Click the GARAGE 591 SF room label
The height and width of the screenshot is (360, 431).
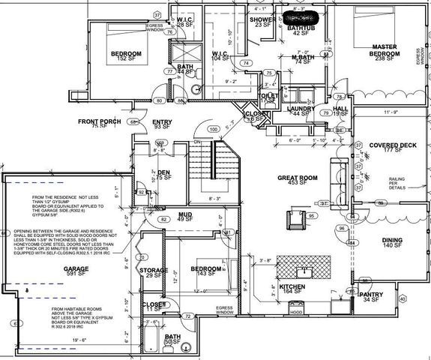click(x=76, y=271)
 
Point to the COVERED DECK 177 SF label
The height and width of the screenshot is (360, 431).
click(x=387, y=147)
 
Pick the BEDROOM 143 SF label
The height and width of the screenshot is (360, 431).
click(x=204, y=271)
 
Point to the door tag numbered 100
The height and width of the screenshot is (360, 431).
click(x=214, y=130)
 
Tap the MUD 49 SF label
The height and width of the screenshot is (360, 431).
click(x=183, y=217)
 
